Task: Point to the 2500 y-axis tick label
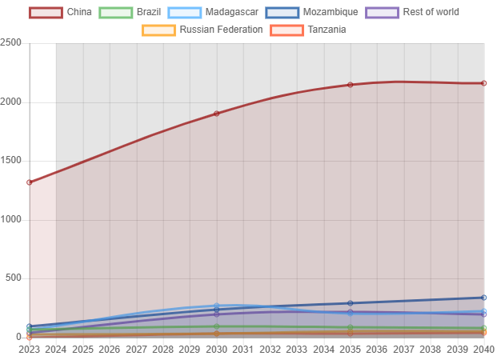click(11, 42)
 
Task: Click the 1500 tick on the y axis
click(11, 161)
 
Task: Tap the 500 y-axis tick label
click(14, 278)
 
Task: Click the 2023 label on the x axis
click(30, 350)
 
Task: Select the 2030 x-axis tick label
click(216, 350)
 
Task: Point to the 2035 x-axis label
click(350, 350)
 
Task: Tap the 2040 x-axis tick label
click(483, 350)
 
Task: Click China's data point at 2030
click(216, 113)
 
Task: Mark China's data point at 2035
click(350, 85)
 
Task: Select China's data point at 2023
click(30, 182)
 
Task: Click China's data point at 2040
click(483, 83)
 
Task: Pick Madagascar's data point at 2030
click(216, 306)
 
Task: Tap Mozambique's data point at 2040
click(483, 298)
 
